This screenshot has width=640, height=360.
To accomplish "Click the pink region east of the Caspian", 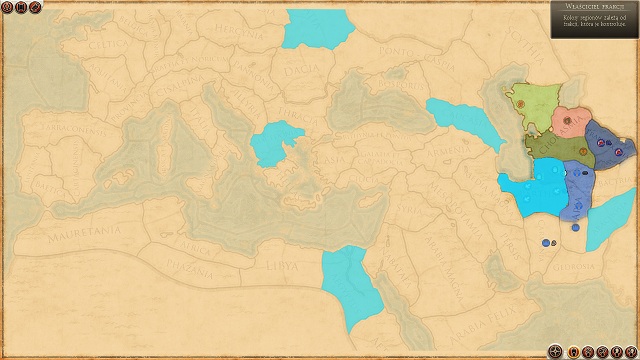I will point(569,121).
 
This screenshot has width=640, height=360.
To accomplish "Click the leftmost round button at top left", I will point(8,8).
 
